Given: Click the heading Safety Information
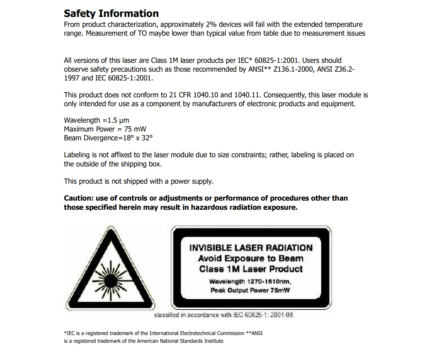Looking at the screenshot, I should tap(111, 14).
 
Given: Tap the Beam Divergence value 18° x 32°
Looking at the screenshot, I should tap(135, 138).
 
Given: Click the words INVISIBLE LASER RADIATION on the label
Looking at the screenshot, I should tap(251, 248).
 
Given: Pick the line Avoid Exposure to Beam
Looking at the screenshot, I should tap(251, 258).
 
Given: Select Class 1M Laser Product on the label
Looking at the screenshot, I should tap(251, 269).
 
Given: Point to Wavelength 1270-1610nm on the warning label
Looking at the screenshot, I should tap(250, 282).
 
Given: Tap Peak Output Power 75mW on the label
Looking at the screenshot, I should tap(250, 290).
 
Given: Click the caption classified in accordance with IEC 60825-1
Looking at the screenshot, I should tap(224, 315).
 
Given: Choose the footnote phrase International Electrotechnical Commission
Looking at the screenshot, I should tap(197, 334).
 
